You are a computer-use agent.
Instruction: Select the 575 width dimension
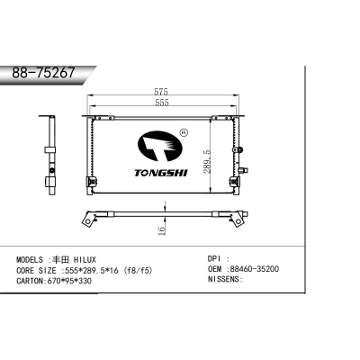point(161,92)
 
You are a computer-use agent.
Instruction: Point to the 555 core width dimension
point(161,103)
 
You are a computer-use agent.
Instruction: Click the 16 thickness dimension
point(162,231)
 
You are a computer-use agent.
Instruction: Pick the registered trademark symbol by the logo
point(184,134)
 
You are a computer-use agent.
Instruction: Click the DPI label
point(216,258)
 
